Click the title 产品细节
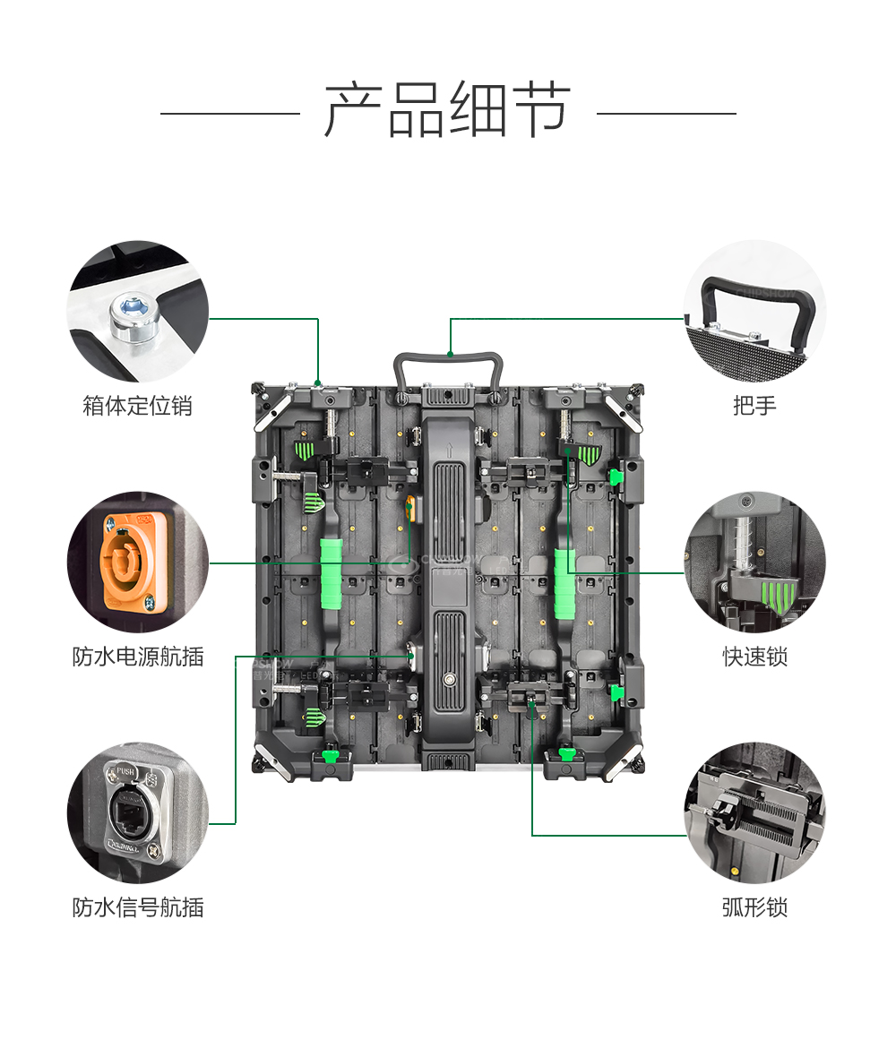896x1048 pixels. [447, 110]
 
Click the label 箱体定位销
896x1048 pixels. [137, 406]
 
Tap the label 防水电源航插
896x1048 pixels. [137, 657]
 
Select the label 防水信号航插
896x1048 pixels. [137, 907]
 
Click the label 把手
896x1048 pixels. [754, 406]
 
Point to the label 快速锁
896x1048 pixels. [754, 657]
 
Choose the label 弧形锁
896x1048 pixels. [754, 907]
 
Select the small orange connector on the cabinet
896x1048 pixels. [411, 506]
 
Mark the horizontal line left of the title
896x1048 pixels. [229, 114]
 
